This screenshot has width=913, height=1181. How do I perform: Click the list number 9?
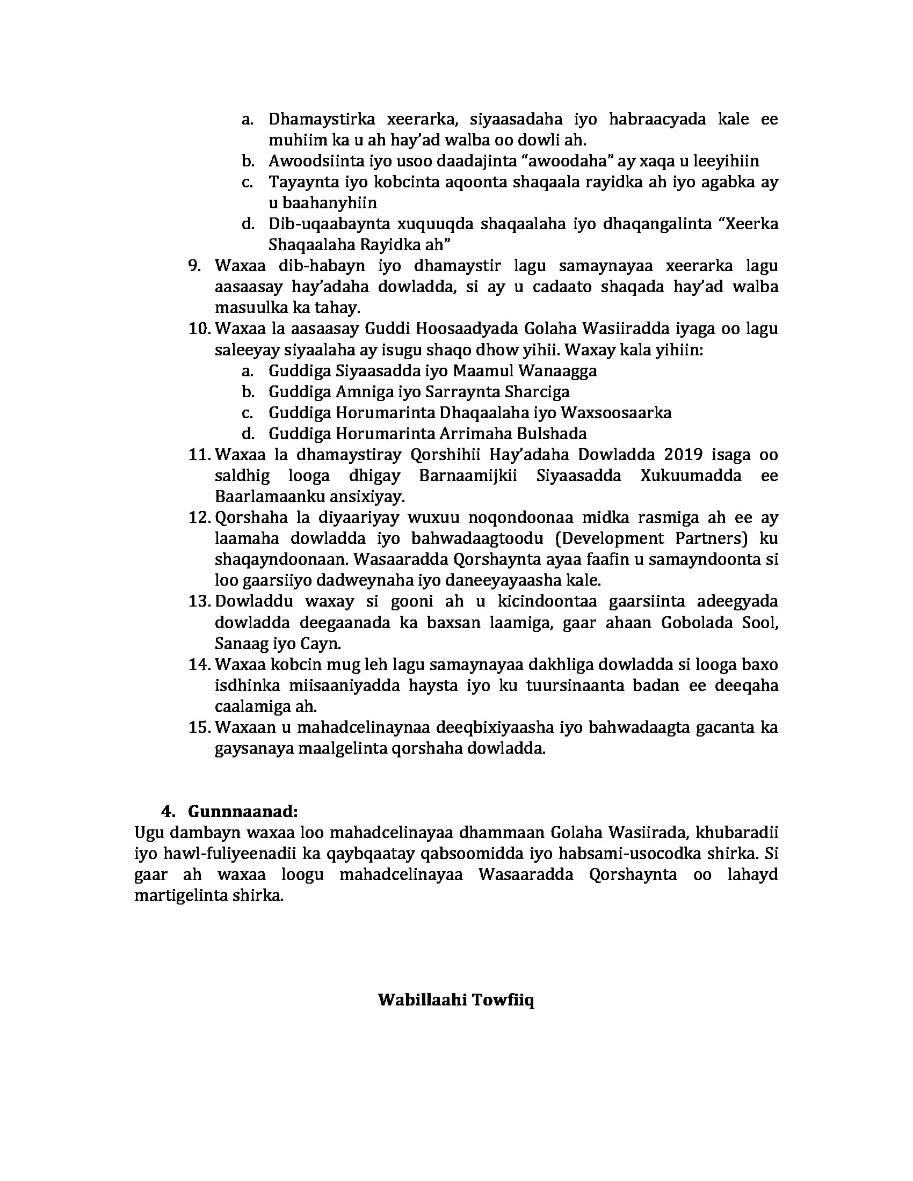pos(194,266)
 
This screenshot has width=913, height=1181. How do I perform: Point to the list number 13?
pos(199,601)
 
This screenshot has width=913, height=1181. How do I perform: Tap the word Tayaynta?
pos(301,181)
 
